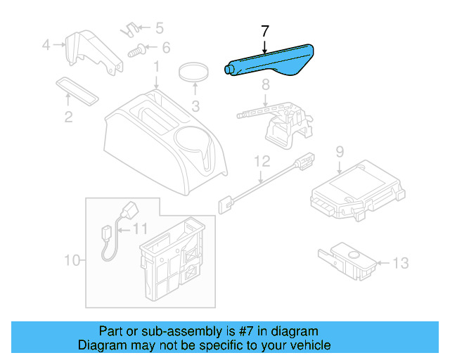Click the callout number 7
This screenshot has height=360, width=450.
pyautogui.click(x=265, y=32)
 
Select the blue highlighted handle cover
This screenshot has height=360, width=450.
pyautogui.click(x=271, y=63)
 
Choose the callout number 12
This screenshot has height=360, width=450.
pyautogui.click(x=261, y=161)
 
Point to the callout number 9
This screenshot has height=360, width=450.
pyautogui.click(x=339, y=150)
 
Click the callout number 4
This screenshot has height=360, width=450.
pyautogui.click(x=46, y=46)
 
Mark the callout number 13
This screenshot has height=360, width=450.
pyautogui.click(x=399, y=264)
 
